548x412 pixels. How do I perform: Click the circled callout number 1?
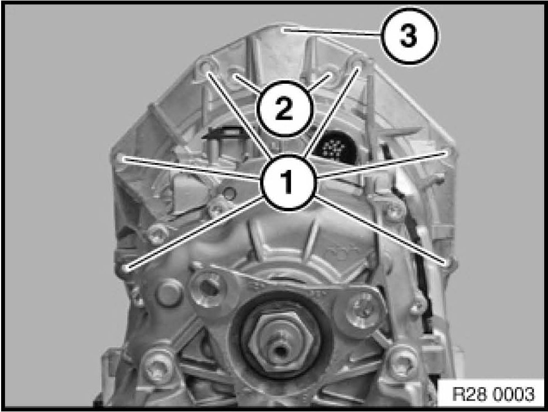[288, 181]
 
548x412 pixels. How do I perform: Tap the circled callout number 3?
[408, 36]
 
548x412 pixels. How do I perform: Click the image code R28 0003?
[493, 394]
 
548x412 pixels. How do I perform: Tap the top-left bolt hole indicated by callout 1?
[206, 66]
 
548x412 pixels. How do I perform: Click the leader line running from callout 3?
[332, 33]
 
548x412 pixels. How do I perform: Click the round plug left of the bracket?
[169, 292]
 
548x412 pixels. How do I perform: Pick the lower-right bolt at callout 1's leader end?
[447, 263]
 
